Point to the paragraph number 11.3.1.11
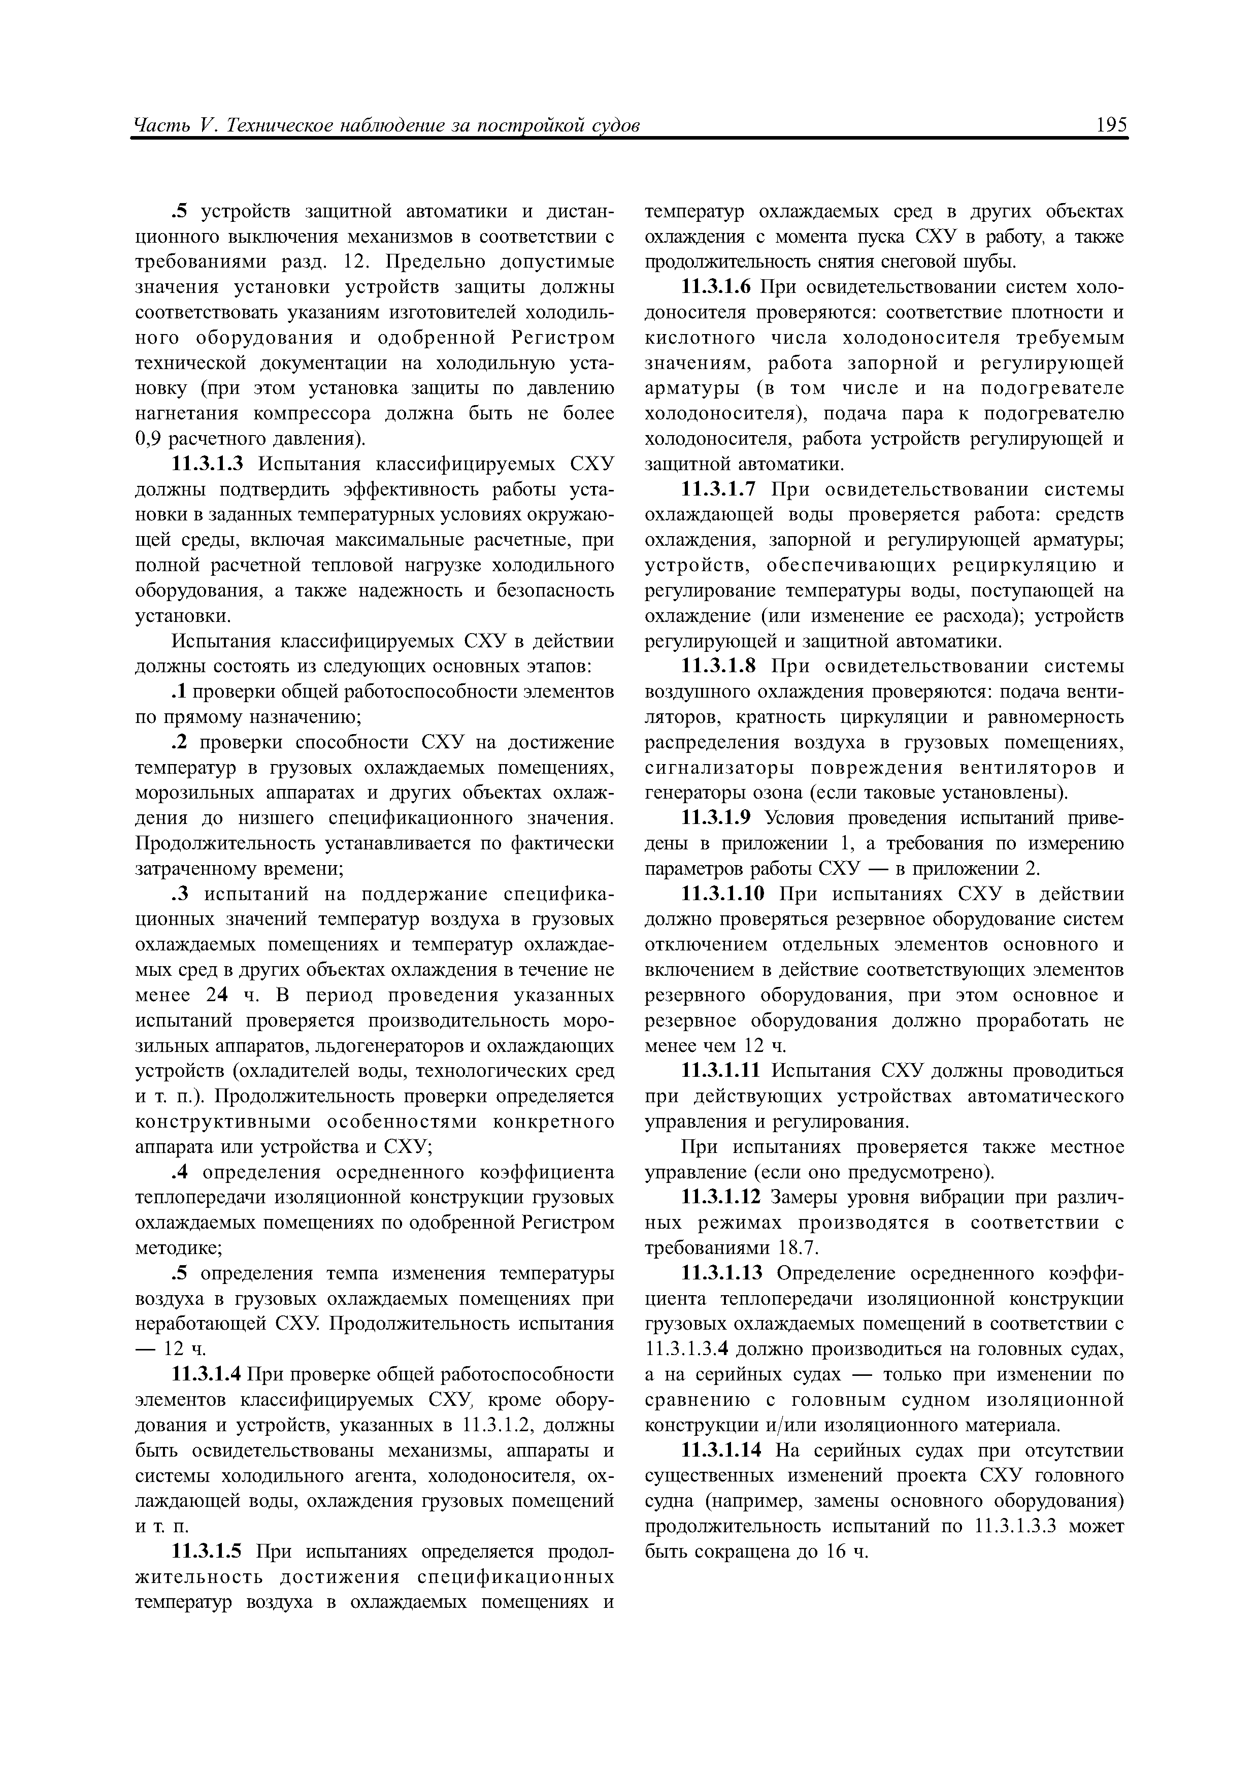pos(721,1071)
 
